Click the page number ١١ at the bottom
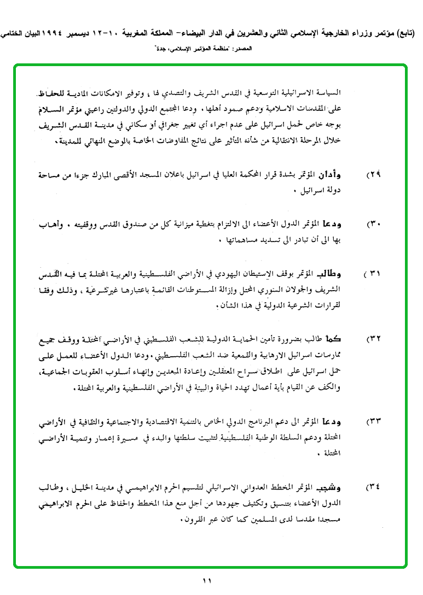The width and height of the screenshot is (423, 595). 207,581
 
